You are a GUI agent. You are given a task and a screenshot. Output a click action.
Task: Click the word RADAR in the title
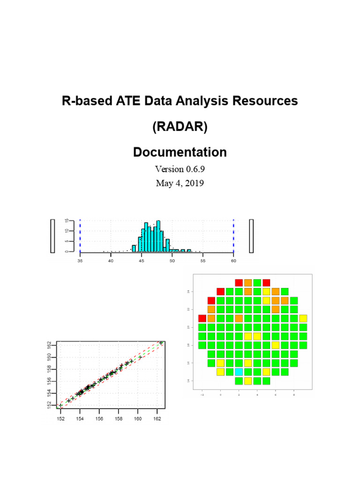pyautogui.click(x=180, y=127)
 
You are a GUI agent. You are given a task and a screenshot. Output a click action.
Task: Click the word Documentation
pyautogui.click(x=180, y=152)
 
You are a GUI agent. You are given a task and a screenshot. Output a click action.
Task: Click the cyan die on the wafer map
pyautogui.click(x=239, y=372)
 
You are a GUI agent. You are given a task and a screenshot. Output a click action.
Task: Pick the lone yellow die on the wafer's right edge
pyautogui.click(x=303, y=319)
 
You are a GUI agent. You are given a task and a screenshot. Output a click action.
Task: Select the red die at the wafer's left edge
pyautogui.click(x=202, y=319)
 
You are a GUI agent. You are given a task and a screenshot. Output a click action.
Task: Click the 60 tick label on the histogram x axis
pyautogui.click(x=233, y=261)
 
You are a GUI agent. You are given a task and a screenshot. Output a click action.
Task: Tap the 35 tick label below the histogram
pyautogui.click(x=80, y=261)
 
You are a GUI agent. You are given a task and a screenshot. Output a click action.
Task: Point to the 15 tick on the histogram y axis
pyautogui.click(x=67, y=222)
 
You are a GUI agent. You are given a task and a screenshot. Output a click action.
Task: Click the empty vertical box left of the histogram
pyautogui.click(x=53, y=236)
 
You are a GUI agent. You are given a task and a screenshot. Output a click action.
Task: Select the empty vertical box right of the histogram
pyautogui.click(x=252, y=236)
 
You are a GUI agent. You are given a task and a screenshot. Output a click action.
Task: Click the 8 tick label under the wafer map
pyautogui.click(x=294, y=395)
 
